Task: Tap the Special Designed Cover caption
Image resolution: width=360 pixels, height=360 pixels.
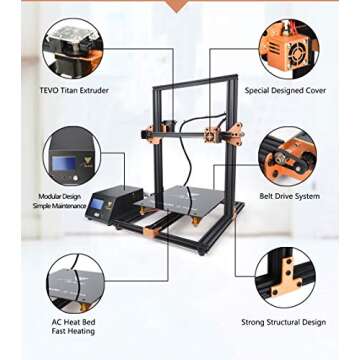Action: pyautogui.click(x=286, y=90)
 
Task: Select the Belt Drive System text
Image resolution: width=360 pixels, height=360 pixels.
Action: pyautogui.click(x=289, y=196)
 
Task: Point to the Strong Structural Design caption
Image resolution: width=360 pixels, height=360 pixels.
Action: pyautogui.click(x=283, y=322)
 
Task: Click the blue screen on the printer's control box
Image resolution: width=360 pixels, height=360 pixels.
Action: pyautogui.click(x=98, y=205)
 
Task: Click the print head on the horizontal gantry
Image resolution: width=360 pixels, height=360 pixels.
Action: pyautogui.click(x=212, y=133)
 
